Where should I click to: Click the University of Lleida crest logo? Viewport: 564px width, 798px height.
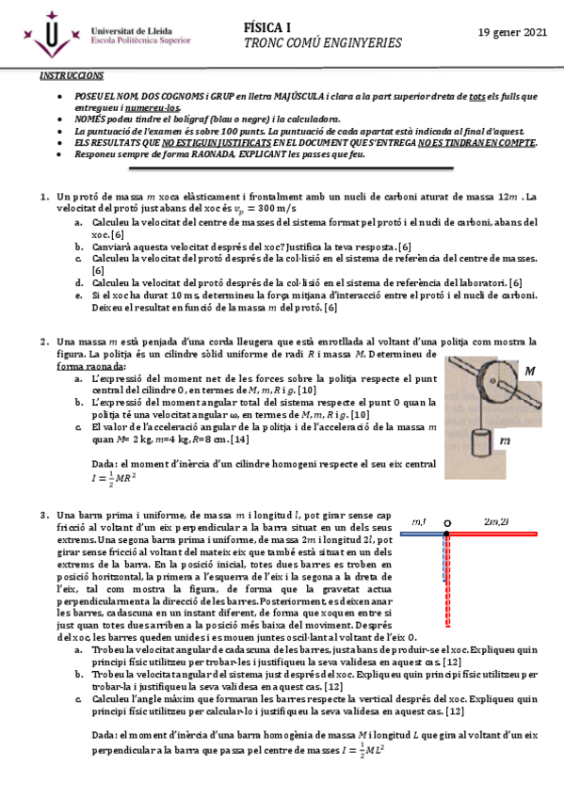pyautogui.click(x=49, y=37)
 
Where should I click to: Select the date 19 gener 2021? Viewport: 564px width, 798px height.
pyautogui.click(x=512, y=33)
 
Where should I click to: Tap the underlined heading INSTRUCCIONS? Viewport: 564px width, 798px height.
pyautogui.click(x=72, y=74)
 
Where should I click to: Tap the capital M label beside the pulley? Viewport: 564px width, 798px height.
pyautogui.click(x=529, y=372)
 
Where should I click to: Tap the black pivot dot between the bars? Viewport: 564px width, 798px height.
pyautogui.click(x=447, y=522)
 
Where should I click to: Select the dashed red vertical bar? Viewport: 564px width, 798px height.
pyautogui.click(x=449, y=574)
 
